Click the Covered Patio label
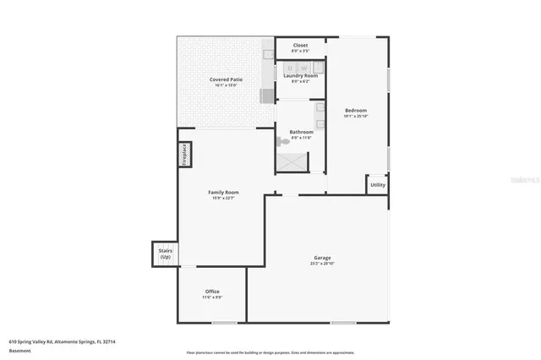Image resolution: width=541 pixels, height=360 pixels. [224, 79]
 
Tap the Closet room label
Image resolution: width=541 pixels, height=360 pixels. [300, 45]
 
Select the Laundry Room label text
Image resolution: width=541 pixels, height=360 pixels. [300, 75]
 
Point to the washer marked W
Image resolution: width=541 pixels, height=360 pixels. [303, 67]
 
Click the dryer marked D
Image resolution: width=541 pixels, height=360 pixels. [290, 67]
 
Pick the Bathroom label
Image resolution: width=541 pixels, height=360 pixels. [301, 132]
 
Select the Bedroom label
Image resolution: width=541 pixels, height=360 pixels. [356, 111]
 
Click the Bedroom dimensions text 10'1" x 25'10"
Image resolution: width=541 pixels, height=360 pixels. [356, 117]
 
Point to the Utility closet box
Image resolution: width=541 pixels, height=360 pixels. [377, 184]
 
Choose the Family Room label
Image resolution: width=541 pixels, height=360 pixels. [223, 193]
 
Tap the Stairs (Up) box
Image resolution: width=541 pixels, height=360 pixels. [165, 253]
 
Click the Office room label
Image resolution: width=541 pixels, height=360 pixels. [211, 292]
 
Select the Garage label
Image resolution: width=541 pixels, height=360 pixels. [322, 258]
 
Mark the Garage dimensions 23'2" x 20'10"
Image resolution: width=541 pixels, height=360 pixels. [322, 264]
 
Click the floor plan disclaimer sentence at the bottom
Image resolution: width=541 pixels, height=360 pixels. [270, 352]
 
